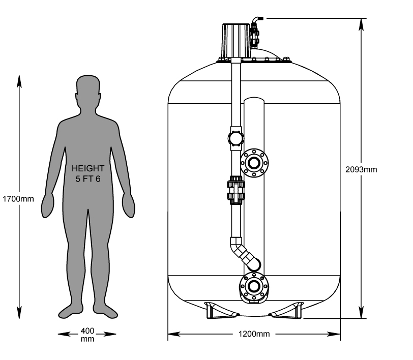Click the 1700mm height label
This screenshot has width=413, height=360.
(x=18, y=199)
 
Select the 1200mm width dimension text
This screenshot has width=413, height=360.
(x=254, y=334)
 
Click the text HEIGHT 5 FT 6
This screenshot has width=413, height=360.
(x=87, y=173)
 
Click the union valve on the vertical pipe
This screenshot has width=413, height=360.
(x=235, y=191)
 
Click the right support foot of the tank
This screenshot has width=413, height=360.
(x=288, y=310)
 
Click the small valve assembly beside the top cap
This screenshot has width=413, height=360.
(x=255, y=31)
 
